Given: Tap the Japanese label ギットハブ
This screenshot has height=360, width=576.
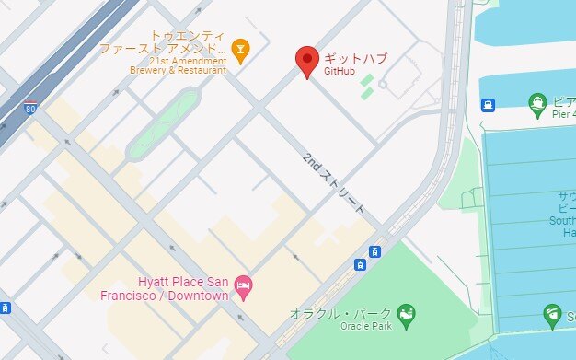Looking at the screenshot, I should (x=354, y=58).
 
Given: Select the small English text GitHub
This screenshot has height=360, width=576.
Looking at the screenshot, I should (x=340, y=71).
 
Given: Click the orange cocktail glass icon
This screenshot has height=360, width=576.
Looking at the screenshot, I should (x=240, y=50).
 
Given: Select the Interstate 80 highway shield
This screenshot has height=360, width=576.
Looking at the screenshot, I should (x=30, y=108).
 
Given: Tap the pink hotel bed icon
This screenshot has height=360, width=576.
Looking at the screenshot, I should (x=243, y=284).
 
